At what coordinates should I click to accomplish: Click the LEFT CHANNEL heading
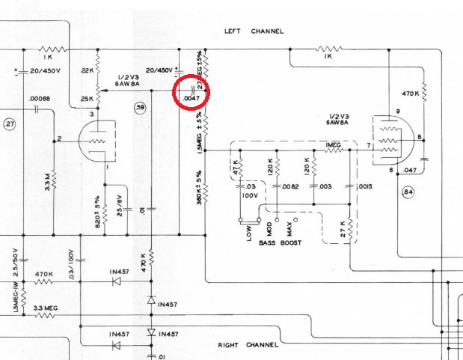[254, 31]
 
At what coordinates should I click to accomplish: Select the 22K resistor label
[87, 70]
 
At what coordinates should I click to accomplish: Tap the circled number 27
[10, 124]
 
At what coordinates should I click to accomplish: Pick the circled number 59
[139, 109]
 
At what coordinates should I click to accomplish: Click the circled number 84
[429, 193]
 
